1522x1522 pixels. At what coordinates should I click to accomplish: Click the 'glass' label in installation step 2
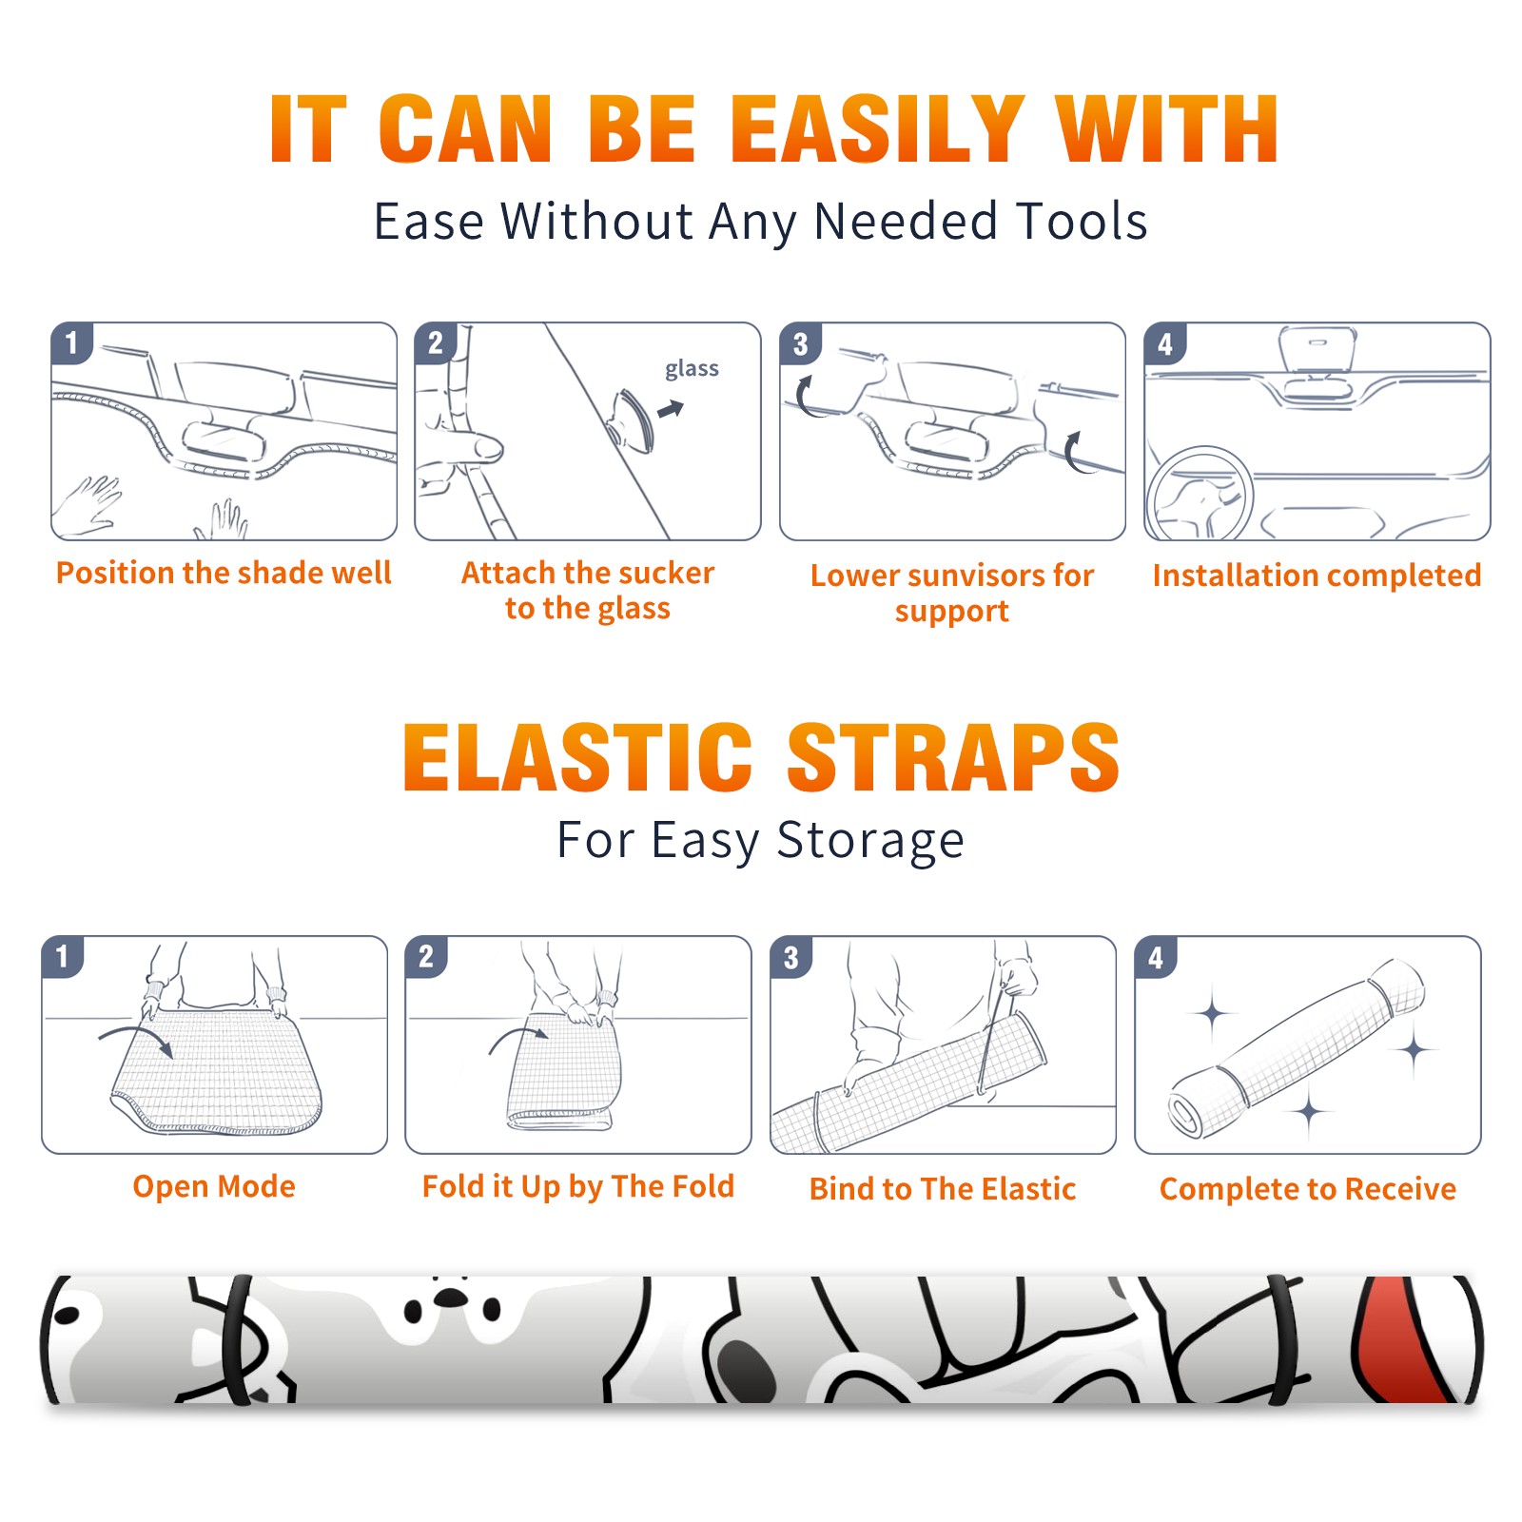pos(692,369)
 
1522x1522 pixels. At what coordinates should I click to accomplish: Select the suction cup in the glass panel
pos(631,419)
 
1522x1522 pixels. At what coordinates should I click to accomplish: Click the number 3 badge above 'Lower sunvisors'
pos(800,344)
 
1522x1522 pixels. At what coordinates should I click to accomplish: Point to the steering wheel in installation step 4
pos(1200,494)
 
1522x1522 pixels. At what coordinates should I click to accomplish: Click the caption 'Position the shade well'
pos(224,573)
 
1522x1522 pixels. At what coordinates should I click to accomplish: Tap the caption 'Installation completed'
pos(1317,576)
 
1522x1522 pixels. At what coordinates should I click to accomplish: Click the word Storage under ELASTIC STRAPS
pos(870,841)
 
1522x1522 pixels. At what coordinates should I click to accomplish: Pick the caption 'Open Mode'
pos(214,1186)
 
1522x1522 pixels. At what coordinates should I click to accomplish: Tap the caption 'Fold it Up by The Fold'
pos(578,1186)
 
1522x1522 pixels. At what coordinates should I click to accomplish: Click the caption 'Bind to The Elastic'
pos(943,1189)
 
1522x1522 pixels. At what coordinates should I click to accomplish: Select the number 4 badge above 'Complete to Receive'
pos(1156,958)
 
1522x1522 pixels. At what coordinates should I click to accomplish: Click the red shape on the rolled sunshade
pos(1400,1339)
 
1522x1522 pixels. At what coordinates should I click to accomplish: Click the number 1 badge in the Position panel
pos(71,343)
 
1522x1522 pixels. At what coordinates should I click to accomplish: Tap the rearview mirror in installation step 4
pos(1317,349)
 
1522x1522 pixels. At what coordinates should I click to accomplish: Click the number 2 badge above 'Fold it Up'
pos(426,957)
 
